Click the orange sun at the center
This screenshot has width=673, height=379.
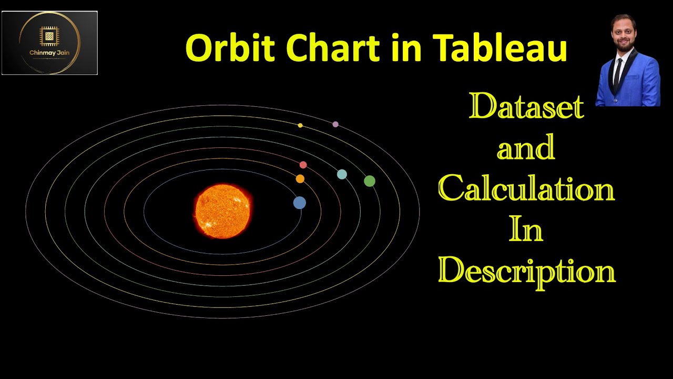pyautogui.click(x=222, y=211)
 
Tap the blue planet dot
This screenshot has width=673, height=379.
pyautogui.click(x=300, y=203)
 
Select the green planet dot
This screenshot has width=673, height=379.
pyautogui.click(x=370, y=181)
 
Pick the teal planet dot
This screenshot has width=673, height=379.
pyautogui.click(x=342, y=174)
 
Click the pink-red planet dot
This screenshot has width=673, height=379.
pyautogui.click(x=303, y=165)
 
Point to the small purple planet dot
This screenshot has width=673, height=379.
pyautogui.click(x=335, y=124)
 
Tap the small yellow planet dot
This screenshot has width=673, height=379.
pyautogui.click(x=300, y=125)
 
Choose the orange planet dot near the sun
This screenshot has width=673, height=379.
pyautogui.click(x=300, y=179)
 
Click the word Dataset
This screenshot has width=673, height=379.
pyautogui.click(x=526, y=107)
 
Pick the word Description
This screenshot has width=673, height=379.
pyautogui.click(x=526, y=271)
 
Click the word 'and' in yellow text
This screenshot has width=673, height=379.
pyautogui.click(x=526, y=148)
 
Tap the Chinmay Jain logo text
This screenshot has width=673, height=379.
pyautogui.click(x=49, y=53)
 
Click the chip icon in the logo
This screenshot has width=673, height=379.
pyautogui.click(x=49, y=36)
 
